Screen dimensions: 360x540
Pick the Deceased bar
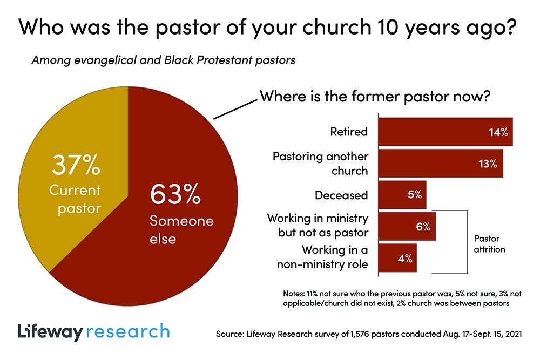402,195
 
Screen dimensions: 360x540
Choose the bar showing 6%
406,227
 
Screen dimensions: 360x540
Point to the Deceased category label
341,195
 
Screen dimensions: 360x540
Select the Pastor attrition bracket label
489,243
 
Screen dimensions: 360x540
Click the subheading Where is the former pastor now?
375,97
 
